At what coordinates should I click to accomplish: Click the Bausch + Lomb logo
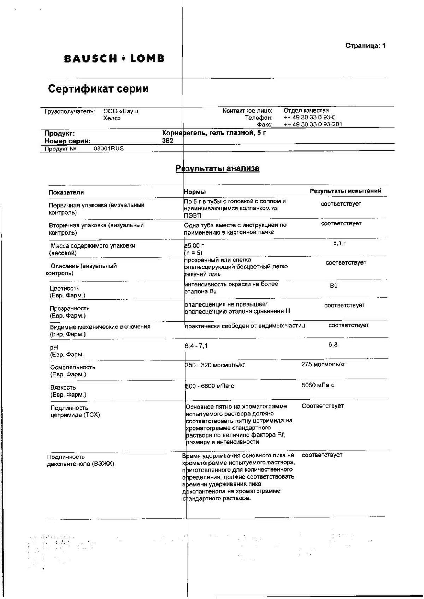(114, 59)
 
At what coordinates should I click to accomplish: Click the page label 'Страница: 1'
(365, 46)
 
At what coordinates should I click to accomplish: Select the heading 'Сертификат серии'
(98, 89)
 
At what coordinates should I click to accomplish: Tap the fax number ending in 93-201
(313, 124)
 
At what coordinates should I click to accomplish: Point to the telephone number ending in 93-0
(310, 117)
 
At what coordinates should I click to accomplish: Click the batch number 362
(167, 141)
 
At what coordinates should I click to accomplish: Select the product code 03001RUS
(108, 148)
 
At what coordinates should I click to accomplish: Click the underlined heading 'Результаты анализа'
(218, 168)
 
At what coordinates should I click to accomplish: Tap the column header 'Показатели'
(66, 192)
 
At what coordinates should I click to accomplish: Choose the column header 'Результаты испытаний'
(345, 191)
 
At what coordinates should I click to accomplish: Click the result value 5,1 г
(339, 243)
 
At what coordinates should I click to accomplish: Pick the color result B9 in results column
(334, 286)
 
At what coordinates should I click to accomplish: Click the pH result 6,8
(333, 345)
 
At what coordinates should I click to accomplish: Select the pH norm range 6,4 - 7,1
(196, 346)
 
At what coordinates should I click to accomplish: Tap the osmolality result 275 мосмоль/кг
(323, 364)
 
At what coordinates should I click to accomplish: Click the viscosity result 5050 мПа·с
(318, 385)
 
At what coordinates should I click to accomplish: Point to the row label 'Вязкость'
(63, 387)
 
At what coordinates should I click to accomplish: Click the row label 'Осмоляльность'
(72, 367)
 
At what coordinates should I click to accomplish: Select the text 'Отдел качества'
(306, 111)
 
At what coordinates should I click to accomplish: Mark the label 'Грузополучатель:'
(70, 112)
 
